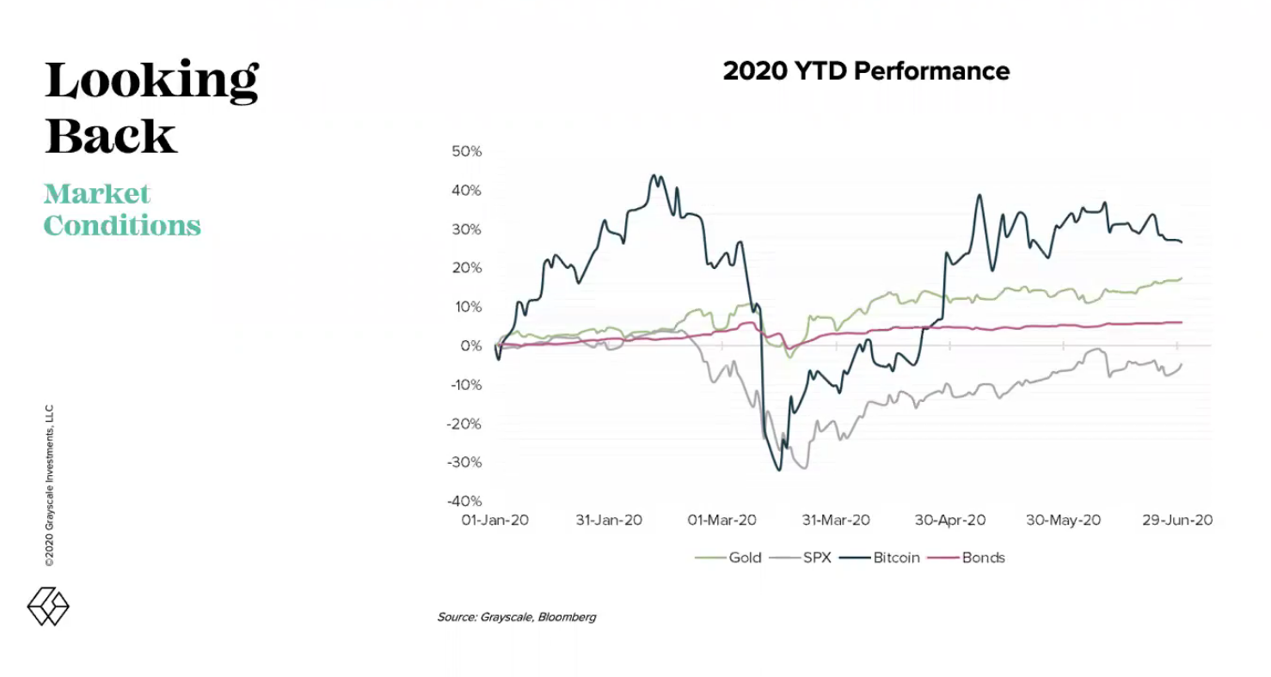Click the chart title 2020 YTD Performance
pyautogui.click(x=866, y=71)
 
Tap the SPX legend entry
pyautogui.click(x=800, y=558)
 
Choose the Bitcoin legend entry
pyautogui.click(x=880, y=558)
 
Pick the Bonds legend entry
pyautogui.click(x=967, y=558)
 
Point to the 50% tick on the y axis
pyautogui.click(x=466, y=151)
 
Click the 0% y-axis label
pyautogui.click(x=471, y=346)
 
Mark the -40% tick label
pyautogui.click(x=464, y=501)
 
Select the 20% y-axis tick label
pyautogui.click(x=466, y=268)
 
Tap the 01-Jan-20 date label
pyautogui.click(x=494, y=520)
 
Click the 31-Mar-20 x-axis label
pyautogui.click(x=836, y=520)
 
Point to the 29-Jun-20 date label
pyautogui.click(x=1177, y=520)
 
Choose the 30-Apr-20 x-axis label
pyautogui.click(x=950, y=520)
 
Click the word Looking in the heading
pyautogui.click(x=152, y=81)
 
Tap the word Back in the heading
pyautogui.click(x=111, y=136)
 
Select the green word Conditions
pyautogui.click(x=122, y=226)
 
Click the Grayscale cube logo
pyautogui.click(x=48, y=607)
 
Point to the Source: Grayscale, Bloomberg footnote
pyautogui.click(x=516, y=617)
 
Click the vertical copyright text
pyautogui.click(x=49, y=485)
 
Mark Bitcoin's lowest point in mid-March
pyautogui.click(x=778, y=469)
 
